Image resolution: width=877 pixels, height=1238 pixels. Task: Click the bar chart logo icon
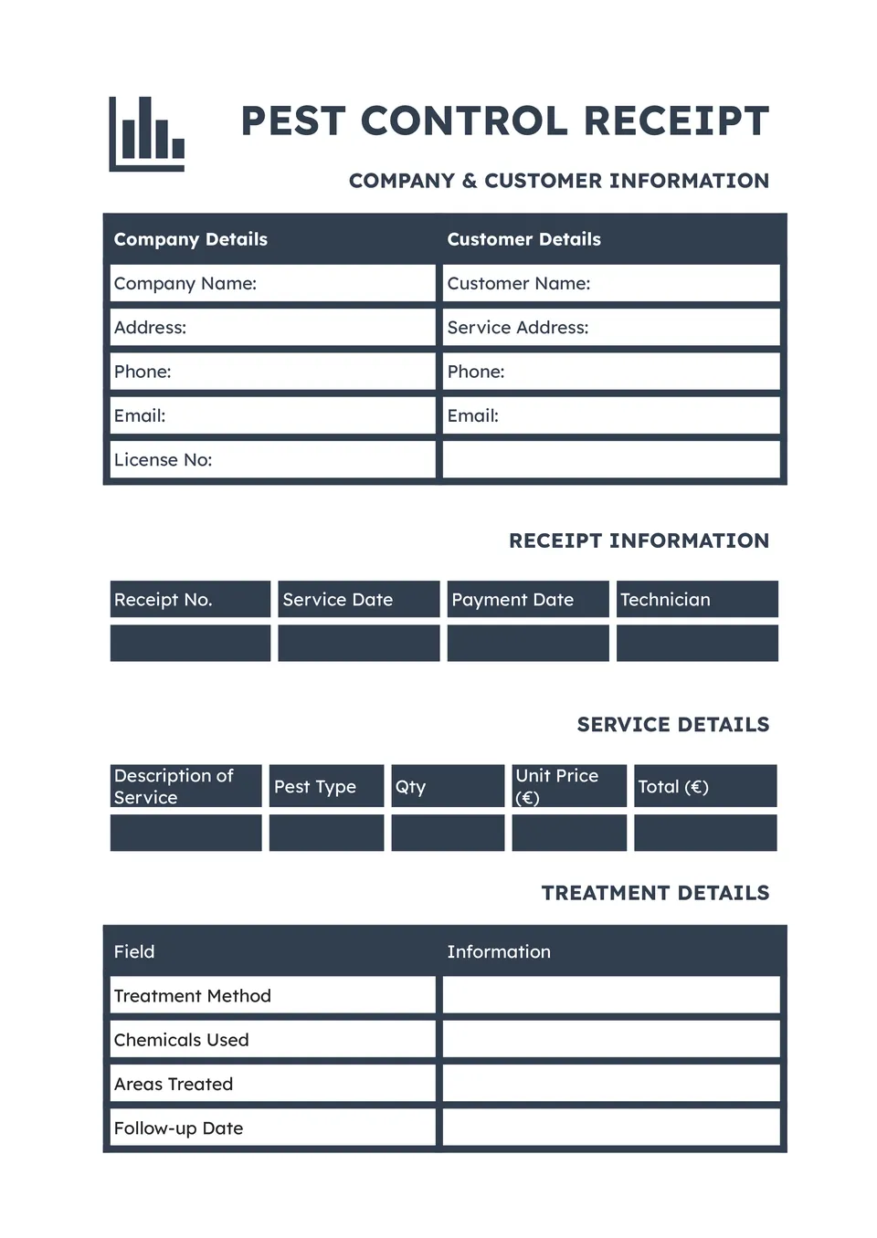[147, 134]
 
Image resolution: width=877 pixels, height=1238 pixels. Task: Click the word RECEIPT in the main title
[676, 121]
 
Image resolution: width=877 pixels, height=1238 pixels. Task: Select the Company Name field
[272, 283]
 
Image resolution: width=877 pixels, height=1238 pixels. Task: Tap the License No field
[272, 460]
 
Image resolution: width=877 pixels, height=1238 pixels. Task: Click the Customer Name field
[610, 283]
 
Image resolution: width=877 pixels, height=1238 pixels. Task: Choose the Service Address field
[610, 327]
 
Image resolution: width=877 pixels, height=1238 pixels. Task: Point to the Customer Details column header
[523, 239]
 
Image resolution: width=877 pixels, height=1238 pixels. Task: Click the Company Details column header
[190, 239]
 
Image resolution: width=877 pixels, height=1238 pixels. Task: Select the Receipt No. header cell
[190, 600]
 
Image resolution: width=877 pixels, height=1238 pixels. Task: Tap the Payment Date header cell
[527, 600]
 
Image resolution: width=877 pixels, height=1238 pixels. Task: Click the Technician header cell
[696, 600]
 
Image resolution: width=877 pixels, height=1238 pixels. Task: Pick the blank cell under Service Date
[358, 643]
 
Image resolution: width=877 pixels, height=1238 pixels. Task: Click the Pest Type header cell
[326, 786]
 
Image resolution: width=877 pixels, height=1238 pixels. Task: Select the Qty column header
[448, 786]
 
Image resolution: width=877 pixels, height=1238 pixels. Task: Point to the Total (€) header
[704, 786]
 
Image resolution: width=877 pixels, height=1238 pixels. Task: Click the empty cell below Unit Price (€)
[568, 833]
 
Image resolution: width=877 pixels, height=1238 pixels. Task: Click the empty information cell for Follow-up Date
[610, 1128]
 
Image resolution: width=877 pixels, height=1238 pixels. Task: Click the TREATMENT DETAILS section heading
[655, 893]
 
